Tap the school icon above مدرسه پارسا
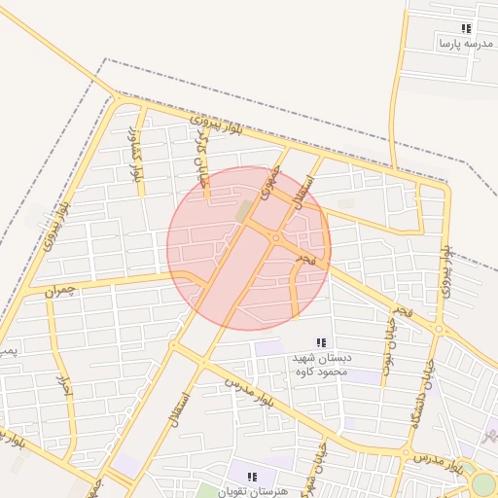coord(466,29)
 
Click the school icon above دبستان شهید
coord(321,342)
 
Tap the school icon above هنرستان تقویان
coord(253,477)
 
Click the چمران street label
coord(59,290)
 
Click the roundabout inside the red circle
coord(276,237)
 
